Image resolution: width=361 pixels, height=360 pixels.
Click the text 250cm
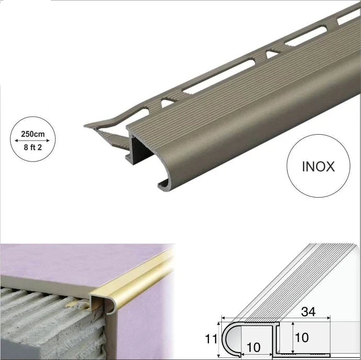[33, 134]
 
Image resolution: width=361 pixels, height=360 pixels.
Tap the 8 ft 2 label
[33, 147]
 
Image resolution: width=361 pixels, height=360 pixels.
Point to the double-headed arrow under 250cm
[32, 141]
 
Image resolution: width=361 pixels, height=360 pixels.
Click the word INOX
[319, 167]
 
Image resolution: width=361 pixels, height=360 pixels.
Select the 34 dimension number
[308, 311]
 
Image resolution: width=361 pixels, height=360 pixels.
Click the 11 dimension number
[211, 339]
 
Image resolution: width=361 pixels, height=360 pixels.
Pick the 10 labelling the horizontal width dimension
[253, 347]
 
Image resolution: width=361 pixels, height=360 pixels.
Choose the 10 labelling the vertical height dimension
[301, 338]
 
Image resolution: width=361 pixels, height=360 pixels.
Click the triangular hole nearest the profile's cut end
[167, 102]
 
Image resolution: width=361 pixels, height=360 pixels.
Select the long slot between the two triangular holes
[219, 76]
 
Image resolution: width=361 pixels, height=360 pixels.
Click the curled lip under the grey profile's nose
[164, 184]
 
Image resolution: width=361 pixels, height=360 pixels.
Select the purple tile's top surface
[81, 264]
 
